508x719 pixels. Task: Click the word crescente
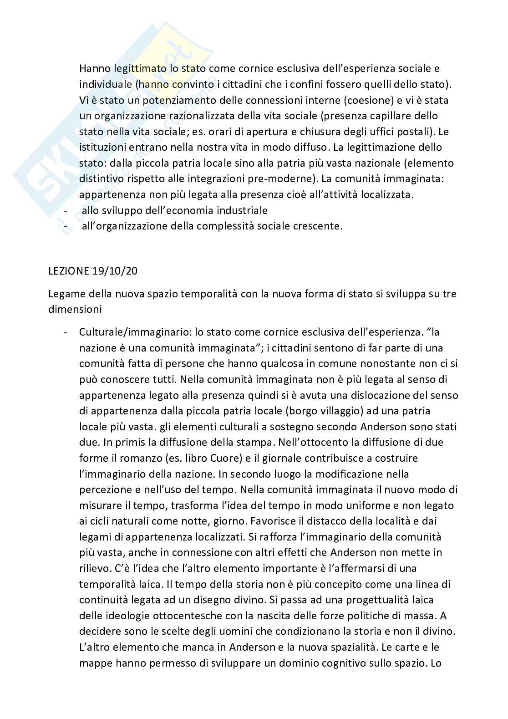[315, 226]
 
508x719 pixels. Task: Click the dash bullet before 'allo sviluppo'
[66, 210]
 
